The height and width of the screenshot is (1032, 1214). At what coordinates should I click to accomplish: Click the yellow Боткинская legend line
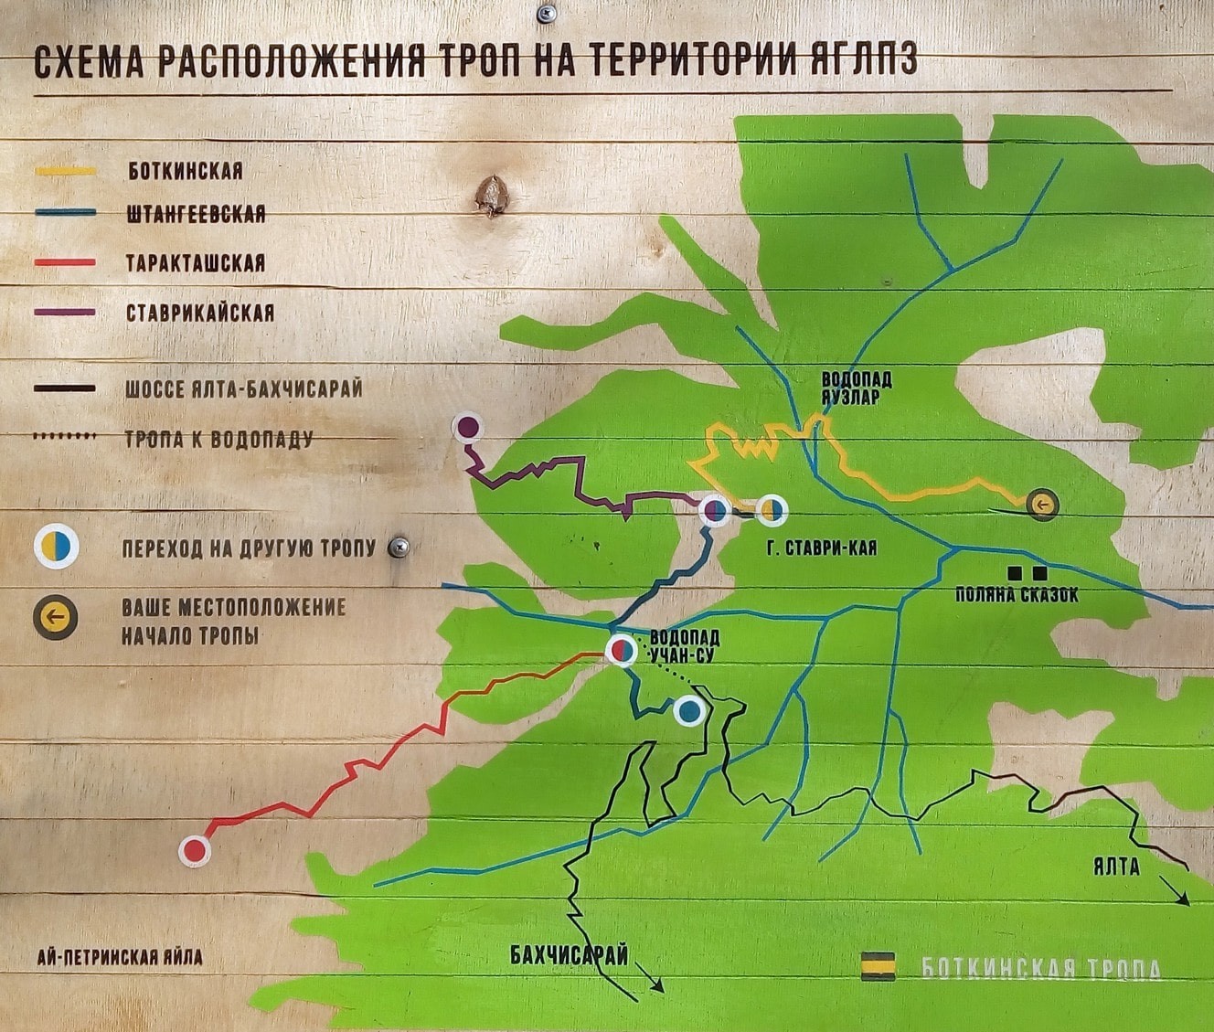pos(65,171)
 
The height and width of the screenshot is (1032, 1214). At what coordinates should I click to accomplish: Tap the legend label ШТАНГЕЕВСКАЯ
pos(196,214)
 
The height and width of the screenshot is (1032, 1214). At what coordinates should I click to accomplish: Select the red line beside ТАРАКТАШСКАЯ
pos(65,262)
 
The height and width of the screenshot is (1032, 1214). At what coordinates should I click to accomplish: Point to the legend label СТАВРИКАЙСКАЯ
pos(199,313)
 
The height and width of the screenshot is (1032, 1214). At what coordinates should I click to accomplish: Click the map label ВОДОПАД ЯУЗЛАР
pos(856,388)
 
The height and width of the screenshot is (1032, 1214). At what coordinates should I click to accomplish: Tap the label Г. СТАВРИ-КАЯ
pos(822,548)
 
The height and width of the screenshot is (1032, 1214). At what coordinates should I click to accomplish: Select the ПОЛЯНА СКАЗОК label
pos(1017,595)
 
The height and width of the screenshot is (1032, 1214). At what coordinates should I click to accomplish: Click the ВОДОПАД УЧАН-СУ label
pos(683,645)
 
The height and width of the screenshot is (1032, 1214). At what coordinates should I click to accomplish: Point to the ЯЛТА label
pos(1116,867)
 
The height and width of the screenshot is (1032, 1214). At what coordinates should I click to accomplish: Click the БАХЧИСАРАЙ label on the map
pos(569,955)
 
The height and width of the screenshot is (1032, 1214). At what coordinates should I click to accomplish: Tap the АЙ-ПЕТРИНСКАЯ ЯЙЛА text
pos(120,958)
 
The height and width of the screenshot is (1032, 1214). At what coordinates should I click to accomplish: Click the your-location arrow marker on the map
pos(1042,505)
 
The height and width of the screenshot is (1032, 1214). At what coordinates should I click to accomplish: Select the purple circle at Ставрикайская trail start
pos(468,426)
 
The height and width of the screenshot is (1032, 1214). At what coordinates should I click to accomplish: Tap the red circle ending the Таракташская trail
pos(194,851)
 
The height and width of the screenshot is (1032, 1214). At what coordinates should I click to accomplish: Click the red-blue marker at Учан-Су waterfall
pos(622,650)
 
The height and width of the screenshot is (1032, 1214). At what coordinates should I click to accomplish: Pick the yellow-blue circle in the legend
pos(57,547)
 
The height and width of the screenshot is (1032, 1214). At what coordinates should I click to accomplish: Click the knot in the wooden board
pos(491,194)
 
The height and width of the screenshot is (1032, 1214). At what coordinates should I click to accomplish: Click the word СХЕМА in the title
pos(89,62)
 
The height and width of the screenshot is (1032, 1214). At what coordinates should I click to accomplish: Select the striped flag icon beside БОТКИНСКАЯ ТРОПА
pos(878,966)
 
